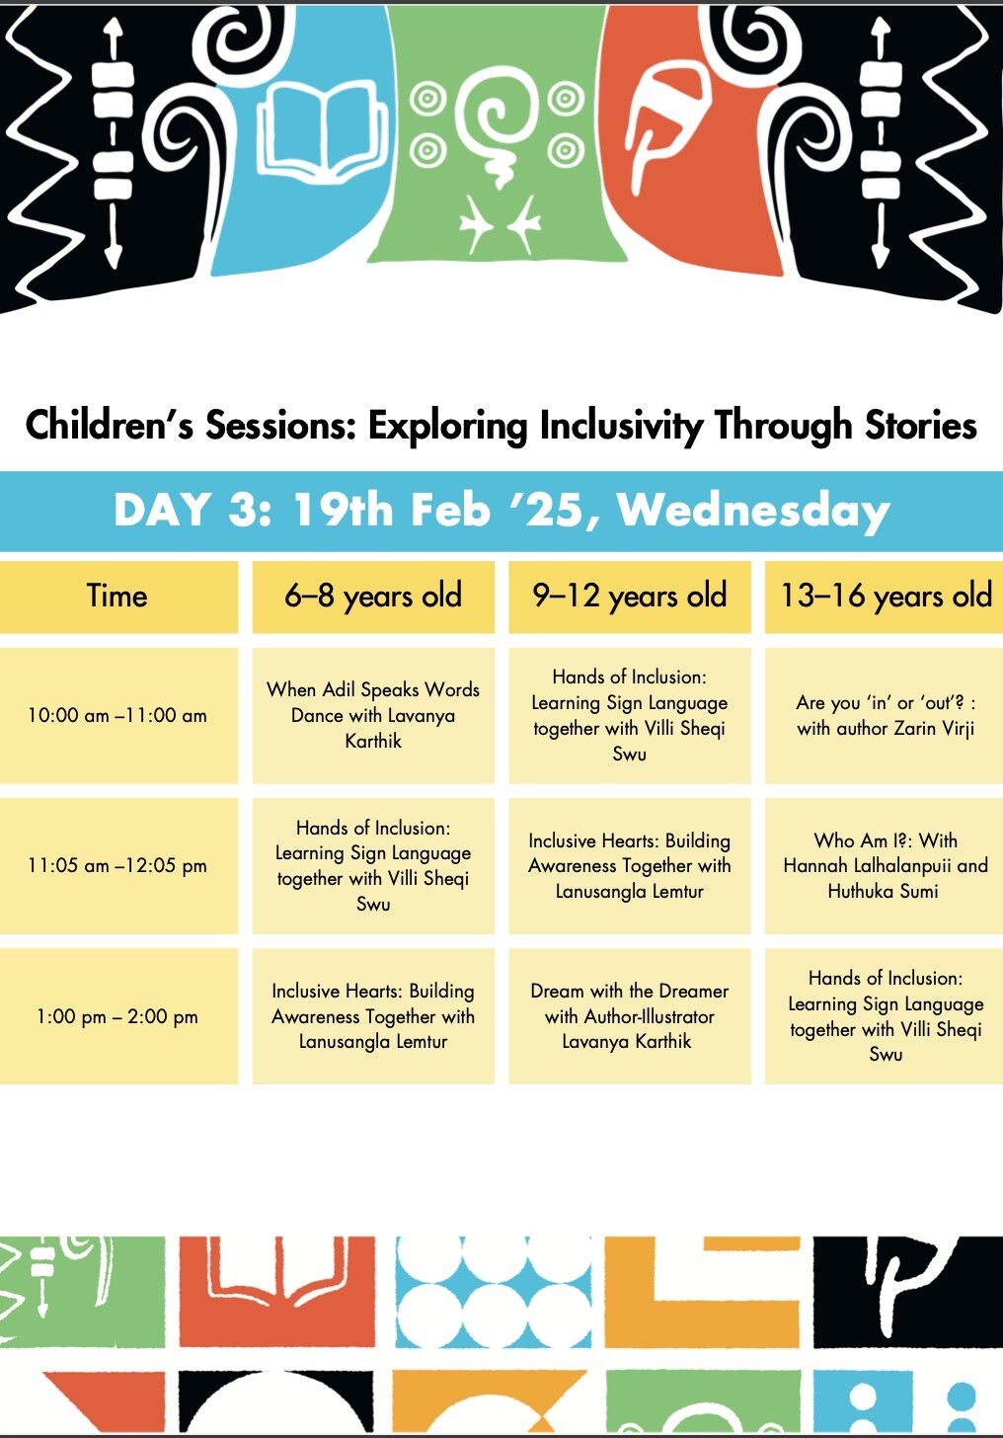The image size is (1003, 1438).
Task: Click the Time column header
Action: point(117,597)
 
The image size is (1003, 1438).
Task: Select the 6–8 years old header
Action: point(373,597)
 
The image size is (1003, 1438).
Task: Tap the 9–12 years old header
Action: point(630,597)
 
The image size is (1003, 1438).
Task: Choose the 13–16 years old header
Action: point(885,597)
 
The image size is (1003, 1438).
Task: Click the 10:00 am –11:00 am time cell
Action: point(117,715)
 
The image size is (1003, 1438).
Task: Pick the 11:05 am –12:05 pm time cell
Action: point(117,865)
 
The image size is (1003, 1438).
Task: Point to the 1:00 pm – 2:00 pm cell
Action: point(117,1016)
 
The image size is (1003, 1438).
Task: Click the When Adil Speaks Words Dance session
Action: point(373,715)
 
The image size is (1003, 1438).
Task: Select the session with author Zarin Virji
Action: point(885,715)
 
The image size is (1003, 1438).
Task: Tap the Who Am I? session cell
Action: point(885,865)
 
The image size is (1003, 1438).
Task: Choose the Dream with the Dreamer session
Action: point(630,1016)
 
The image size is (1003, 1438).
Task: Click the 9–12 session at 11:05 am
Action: point(630,865)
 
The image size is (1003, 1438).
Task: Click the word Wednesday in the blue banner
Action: point(753,511)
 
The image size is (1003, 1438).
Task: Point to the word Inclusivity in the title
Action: point(621,427)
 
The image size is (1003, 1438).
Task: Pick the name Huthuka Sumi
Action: point(883,891)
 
